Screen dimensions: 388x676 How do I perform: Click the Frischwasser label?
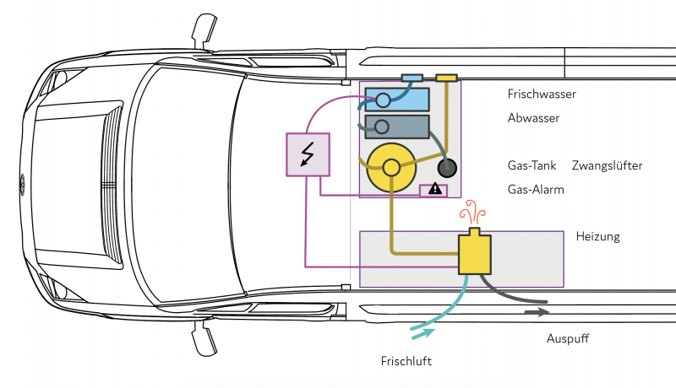(x=542, y=94)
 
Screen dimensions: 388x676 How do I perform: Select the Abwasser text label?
(x=534, y=118)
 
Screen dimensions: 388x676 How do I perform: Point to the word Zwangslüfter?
(x=607, y=165)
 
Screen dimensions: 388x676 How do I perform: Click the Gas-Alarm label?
(x=536, y=190)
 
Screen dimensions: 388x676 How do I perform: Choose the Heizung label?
(x=597, y=236)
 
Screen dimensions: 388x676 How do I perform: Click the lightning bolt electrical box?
(x=307, y=154)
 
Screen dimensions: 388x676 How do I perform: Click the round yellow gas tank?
(x=391, y=167)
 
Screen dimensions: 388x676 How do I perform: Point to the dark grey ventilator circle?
(x=446, y=166)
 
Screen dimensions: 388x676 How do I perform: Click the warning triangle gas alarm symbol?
(x=434, y=189)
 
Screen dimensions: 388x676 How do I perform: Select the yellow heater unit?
(x=474, y=252)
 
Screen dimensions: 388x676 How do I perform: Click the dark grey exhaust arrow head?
(x=537, y=312)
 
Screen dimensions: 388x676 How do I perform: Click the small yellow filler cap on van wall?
(x=446, y=78)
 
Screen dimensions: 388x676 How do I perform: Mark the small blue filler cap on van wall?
(x=412, y=78)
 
